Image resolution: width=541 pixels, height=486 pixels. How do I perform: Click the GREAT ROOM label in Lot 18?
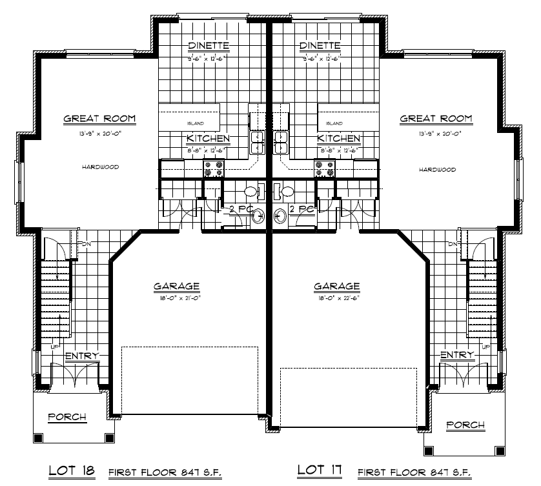tap(99, 119)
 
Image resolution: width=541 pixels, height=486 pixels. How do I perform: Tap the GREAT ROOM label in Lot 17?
tap(436, 119)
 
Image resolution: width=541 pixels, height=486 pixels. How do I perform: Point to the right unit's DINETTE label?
tap(320, 46)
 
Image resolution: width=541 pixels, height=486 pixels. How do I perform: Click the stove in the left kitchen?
tap(214, 168)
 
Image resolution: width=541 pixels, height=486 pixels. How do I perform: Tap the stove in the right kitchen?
tap(324, 168)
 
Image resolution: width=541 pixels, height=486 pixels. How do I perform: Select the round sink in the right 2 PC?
tap(280, 215)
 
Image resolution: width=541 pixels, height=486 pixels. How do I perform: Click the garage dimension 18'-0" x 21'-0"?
tap(176, 298)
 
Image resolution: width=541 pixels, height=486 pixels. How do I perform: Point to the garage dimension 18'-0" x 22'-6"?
tap(336, 298)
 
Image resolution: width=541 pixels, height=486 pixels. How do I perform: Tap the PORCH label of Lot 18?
tap(68, 417)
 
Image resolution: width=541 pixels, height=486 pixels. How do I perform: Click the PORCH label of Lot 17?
tap(465, 424)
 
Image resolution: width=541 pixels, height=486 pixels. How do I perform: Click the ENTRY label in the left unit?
tap(81, 356)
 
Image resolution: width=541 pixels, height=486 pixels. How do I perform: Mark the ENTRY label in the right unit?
tap(456, 355)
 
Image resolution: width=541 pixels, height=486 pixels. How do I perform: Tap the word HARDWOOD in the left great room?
tap(100, 167)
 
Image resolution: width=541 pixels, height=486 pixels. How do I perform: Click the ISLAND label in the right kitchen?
tap(334, 123)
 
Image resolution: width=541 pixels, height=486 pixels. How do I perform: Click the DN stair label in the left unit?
tap(83, 244)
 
